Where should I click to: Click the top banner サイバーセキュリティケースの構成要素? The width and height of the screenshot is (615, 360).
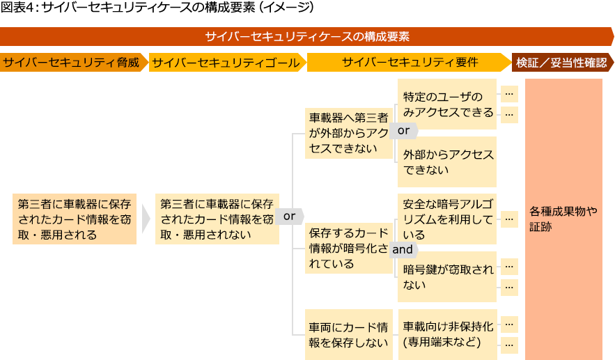pyautogui.click(x=307, y=36)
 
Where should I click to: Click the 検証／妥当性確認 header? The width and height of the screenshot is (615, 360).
pyautogui.click(x=561, y=63)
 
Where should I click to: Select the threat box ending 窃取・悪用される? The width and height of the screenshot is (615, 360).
pyautogui.click(x=74, y=219)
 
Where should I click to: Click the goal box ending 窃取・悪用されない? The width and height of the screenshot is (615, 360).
pyautogui.click(x=217, y=219)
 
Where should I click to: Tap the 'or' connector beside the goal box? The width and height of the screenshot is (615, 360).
pyautogui.click(x=289, y=217)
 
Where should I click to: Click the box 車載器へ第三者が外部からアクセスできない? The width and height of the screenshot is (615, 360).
pyautogui.click(x=348, y=132)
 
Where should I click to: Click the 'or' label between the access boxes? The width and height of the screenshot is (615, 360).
pyautogui.click(x=404, y=130)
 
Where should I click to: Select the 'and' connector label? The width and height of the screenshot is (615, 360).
pyautogui.click(x=403, y=249)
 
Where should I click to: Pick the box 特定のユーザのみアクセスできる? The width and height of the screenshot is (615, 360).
pyautogui.click(x=446, y=104)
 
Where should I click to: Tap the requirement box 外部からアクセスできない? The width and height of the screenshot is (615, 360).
pyautogui.click(x=446, y=162)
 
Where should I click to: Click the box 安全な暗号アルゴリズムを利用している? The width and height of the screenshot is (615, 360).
pyautogui.click(x=446, y=219)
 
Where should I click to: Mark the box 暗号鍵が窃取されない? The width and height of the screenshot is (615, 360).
pyautogui.click(x=446, y=276)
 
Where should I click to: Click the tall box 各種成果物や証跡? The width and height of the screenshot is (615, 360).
pyautogui.click(x=563, y=219)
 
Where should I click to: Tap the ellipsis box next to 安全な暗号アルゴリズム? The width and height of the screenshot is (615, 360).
pyautogui.click(x=510, y=219)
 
